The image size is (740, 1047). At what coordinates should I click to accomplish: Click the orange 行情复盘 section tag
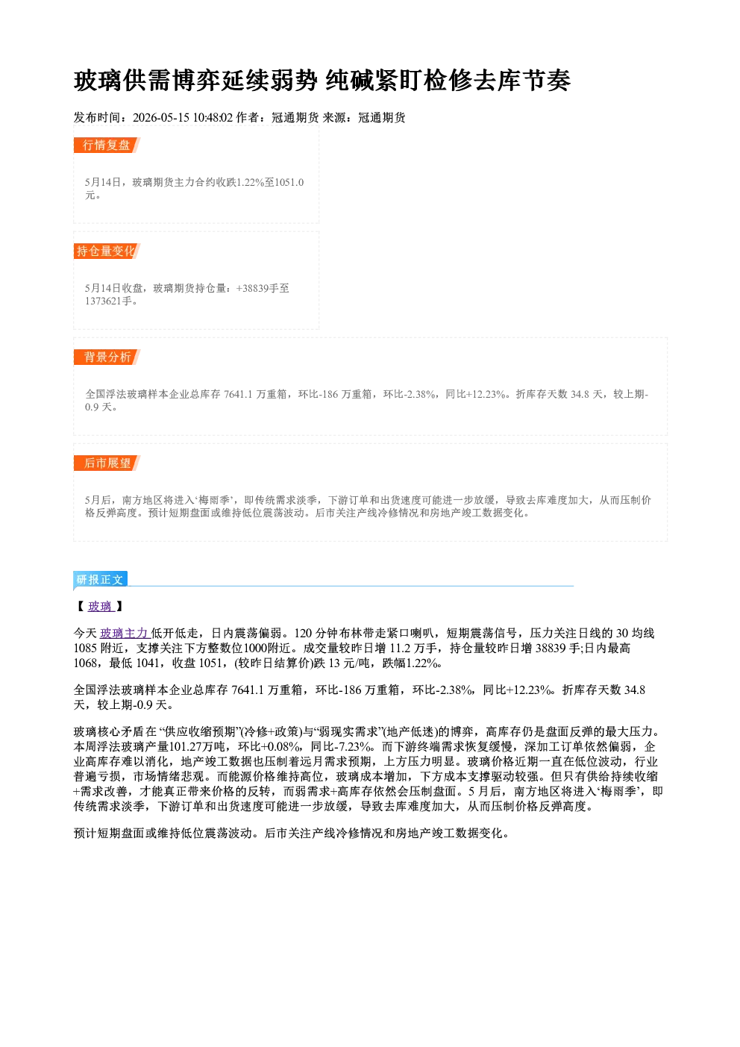pyautogui.click(x=107, y=145)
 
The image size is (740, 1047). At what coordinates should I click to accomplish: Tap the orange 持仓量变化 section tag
pyautogui.click(x=107, y=251)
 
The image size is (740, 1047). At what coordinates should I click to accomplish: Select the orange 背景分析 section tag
pyautogui.click(x=107, y=357)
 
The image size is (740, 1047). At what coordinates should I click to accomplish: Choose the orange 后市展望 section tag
pyautogui.click(x=107, y=463)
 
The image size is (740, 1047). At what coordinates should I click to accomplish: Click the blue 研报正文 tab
pyautogui.click(x=100, y=580)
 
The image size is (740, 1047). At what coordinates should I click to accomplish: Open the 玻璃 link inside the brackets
pyautogui.click(x=100, y=606)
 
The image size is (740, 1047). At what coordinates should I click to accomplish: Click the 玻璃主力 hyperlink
pyautogui.click(x=124, y=634)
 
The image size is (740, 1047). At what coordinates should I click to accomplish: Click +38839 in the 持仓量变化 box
pyautogui.click(x=252, y=288)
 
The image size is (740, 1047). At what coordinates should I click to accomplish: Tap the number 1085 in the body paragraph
pyautogui.click(x=85, y=648)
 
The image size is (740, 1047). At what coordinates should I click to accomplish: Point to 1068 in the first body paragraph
pyautogui.click(x=85, y=663)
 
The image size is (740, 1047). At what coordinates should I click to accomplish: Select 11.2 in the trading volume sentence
pyautogui.click(x=400, y=648)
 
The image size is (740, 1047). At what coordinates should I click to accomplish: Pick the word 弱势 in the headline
pyautogui.click(x=295, y=81)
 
